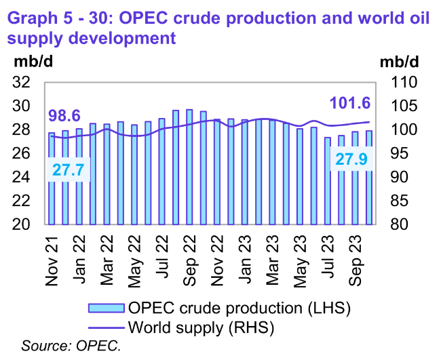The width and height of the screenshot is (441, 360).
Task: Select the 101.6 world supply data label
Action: coord(349,104)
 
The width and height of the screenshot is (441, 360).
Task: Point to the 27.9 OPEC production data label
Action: coord(349,160)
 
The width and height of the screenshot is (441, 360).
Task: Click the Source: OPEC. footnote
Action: coord(71,347)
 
